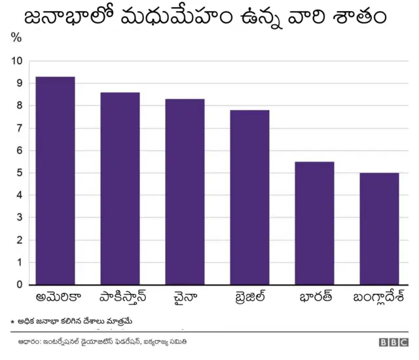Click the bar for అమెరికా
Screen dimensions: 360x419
[55, 181]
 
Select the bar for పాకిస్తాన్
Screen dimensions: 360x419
[120, 189]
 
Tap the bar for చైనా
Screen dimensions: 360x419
[185, 192]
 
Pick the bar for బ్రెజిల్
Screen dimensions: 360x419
[249, 197]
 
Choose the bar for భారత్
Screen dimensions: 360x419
[314, 223]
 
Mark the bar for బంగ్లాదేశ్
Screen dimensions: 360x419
[379, 228]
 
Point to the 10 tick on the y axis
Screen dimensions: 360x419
[16, 61]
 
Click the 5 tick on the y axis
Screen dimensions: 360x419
[19, 173]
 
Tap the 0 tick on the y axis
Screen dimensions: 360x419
[19, 285]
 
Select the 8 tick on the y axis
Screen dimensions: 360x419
[19, 105]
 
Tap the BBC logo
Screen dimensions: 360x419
[392, 342]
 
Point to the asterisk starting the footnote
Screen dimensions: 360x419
[12, 322]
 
